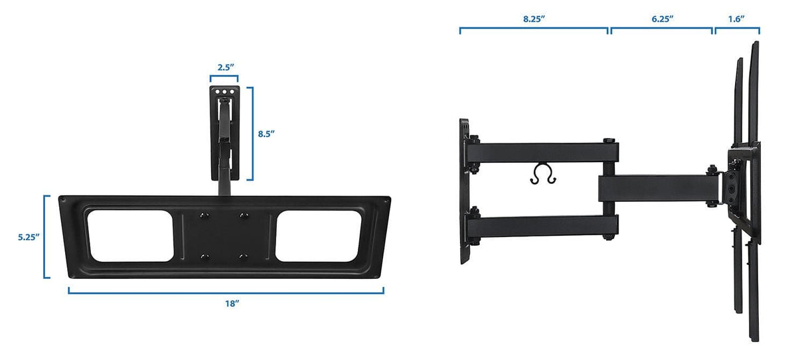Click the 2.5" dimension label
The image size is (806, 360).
[224, 67]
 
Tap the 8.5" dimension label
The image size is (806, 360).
[266, 134]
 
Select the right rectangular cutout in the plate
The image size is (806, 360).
[313, 235]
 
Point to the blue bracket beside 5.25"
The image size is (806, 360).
[46, 236]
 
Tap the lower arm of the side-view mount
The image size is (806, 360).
[544, 226]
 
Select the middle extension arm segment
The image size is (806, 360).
[654, 188]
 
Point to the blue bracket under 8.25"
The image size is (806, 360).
[534, 29]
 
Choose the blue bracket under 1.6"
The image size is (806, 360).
[736, 29]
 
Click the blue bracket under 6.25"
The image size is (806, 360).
[662, 29]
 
